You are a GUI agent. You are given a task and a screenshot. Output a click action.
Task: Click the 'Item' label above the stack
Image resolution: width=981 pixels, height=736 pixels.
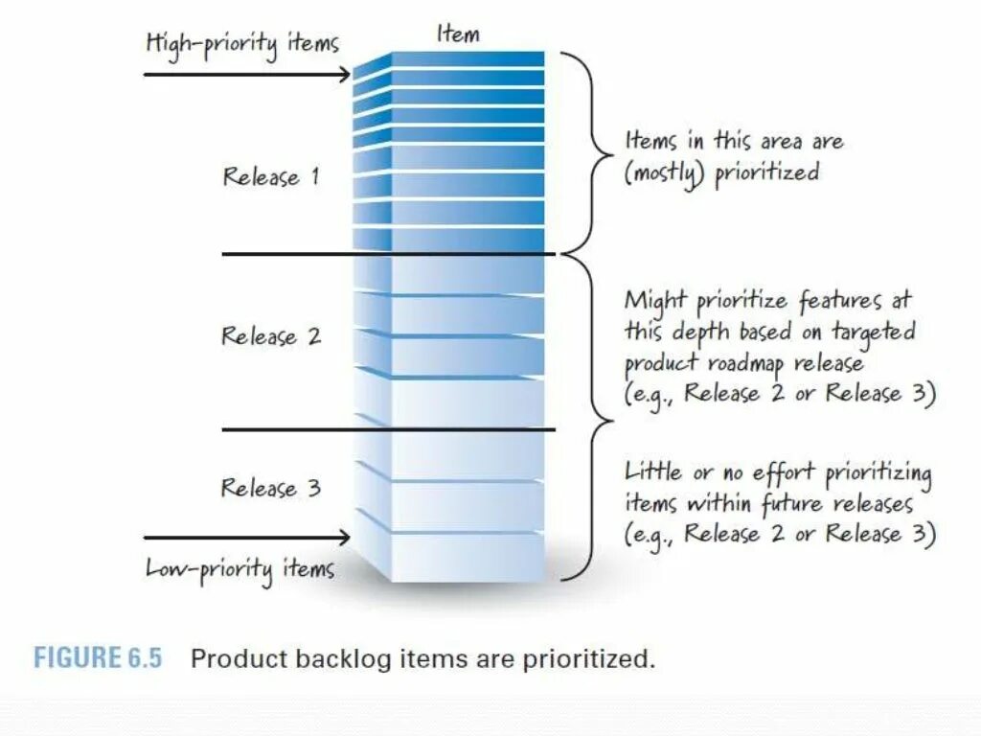pyautogui.click(x=458, y=34)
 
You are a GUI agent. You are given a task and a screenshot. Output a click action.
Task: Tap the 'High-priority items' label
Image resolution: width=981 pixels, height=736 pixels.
pyautogui.click(x=241, y=43)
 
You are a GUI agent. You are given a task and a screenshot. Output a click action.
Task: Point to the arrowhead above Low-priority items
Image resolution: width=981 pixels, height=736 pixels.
pyautogui.click(x=345, y=538)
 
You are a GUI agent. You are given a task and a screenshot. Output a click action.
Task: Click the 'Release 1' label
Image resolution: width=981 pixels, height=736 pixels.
pyautogui.click(x=271, y=176)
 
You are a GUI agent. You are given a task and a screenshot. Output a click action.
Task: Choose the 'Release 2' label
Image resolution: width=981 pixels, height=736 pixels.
pyautogui.click(x=271, y=336)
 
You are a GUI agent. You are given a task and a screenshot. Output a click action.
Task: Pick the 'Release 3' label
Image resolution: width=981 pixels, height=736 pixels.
pyautogui.click(x=271, y=488)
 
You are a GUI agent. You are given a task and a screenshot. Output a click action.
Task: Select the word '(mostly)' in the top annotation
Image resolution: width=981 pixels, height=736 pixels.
pyautogui.click(x=665, y=174)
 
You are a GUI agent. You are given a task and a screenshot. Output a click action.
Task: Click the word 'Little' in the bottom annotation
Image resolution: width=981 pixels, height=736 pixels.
pyautogui.click(x=653, y=471)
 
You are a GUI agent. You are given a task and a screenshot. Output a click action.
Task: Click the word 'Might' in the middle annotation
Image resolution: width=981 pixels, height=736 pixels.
pyautogui.click(x=656, y=301)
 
